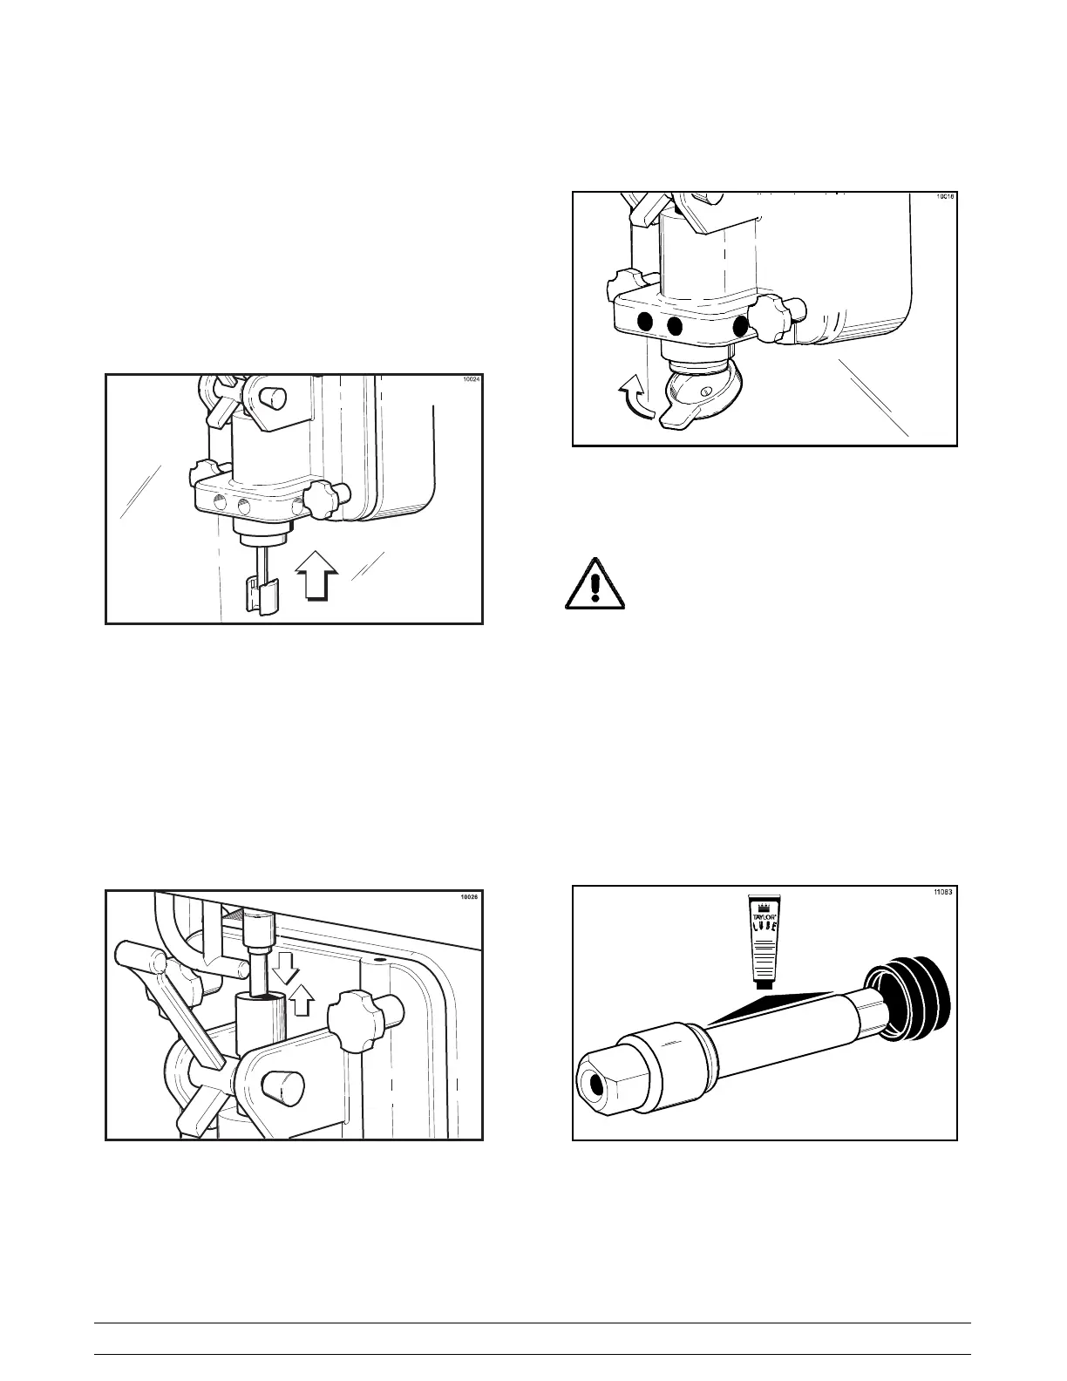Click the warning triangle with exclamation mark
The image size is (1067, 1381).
click(595, 583)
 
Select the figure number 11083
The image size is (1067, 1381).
click(940, 891)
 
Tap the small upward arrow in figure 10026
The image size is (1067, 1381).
click(302, 1002)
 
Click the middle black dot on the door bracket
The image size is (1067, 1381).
click(675, 325)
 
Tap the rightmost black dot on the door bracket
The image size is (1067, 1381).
click(741, 326)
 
